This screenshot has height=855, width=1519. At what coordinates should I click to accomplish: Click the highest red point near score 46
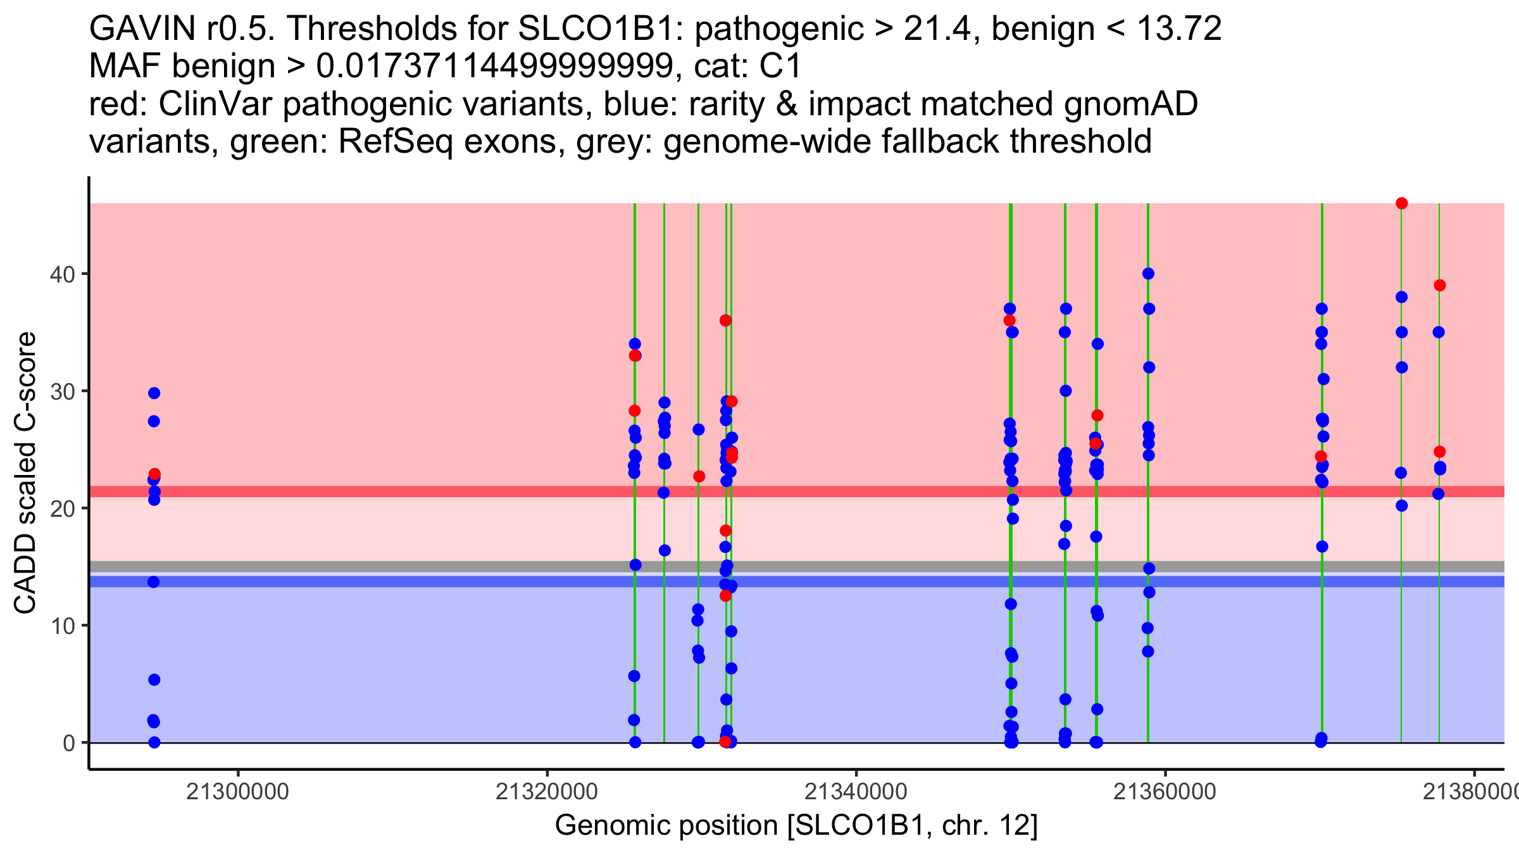click(1401, 203)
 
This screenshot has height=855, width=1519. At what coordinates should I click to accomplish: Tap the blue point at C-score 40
click(1148, 274)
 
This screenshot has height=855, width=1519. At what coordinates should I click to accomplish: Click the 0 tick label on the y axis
click(69, 743)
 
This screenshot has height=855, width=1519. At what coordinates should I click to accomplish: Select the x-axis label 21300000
click(238, 792)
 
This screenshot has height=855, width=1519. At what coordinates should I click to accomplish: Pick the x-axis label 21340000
click(856, 792)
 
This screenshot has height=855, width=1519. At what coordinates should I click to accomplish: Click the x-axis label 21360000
click(1165, 792)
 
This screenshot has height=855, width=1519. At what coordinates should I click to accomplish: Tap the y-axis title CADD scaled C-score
click(25, 472)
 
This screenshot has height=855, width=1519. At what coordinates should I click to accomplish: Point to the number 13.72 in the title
click(1179, 28)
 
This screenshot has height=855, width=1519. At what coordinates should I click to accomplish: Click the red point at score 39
click(1440, 285)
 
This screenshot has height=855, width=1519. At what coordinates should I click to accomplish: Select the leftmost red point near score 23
click(154, 474)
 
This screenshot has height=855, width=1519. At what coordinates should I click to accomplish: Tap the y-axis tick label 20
click(62, 509)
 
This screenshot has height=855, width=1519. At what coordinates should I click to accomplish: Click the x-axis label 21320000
click(547, 792)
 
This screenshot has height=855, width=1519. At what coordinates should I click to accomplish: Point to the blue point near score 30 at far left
click(154, 393)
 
